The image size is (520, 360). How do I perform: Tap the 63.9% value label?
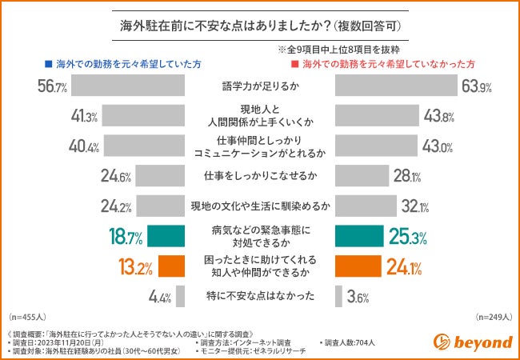click(474, 86)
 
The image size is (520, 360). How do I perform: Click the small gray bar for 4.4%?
click(180, 296)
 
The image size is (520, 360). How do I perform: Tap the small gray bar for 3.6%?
click(339, 296)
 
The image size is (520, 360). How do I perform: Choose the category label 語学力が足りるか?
click(260, 86)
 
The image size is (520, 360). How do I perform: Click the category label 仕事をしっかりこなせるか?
click(260, 176)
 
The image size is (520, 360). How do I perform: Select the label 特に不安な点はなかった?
click(260, 296)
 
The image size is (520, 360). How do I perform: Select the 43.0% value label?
click(438, 146)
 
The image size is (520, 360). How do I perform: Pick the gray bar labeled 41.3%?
click(145, 116)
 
